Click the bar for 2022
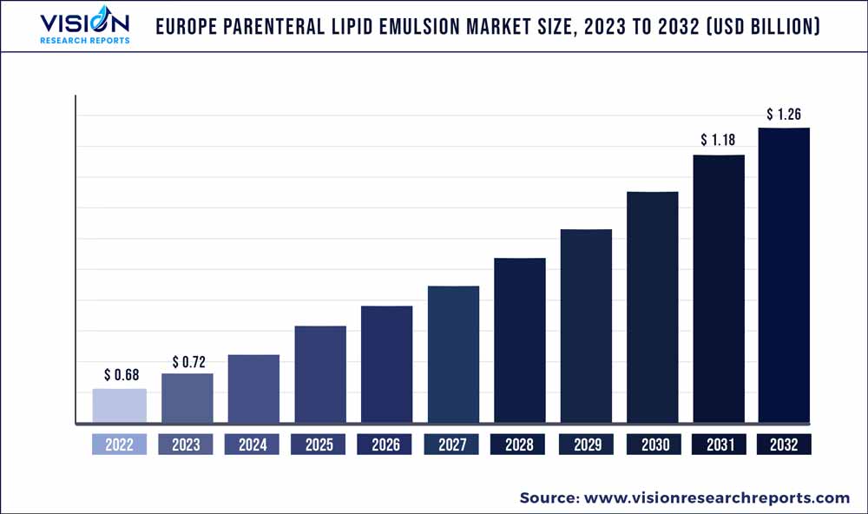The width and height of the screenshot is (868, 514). pyautogui.click(x=120, y=406)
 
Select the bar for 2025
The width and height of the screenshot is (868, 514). pyautogui.click(x=320, y=375)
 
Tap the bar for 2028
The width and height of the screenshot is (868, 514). pyautogui.click(x=520, y=341)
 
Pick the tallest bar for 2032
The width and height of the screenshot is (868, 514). pyautogui.click(x=784, y=276)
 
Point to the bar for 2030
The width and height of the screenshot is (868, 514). pyautogui.click(x=653, y=307)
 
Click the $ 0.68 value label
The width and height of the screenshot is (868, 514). pyautogui.click(x=120, y=375)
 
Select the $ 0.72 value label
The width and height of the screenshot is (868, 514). pyautogui.click(x=187, y=360)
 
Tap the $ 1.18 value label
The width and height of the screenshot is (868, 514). pyautogui.click(x=718, y=140)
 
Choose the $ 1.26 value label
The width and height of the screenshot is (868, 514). pyautogui.click(x=784, y=114)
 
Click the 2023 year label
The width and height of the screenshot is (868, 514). pyautogui.click(x=186, y=445)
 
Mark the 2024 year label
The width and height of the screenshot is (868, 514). pyautogui.click(x=253, y=445)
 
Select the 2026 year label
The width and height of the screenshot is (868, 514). pyautogui.click(x=385, y=445)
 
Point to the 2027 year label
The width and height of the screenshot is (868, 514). pyautogui.click(x=452, y=445)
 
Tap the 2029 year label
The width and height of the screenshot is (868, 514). pyautogui.click(x=587, y=445)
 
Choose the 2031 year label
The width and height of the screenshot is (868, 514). pyautogui.click(x=719, y=445)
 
